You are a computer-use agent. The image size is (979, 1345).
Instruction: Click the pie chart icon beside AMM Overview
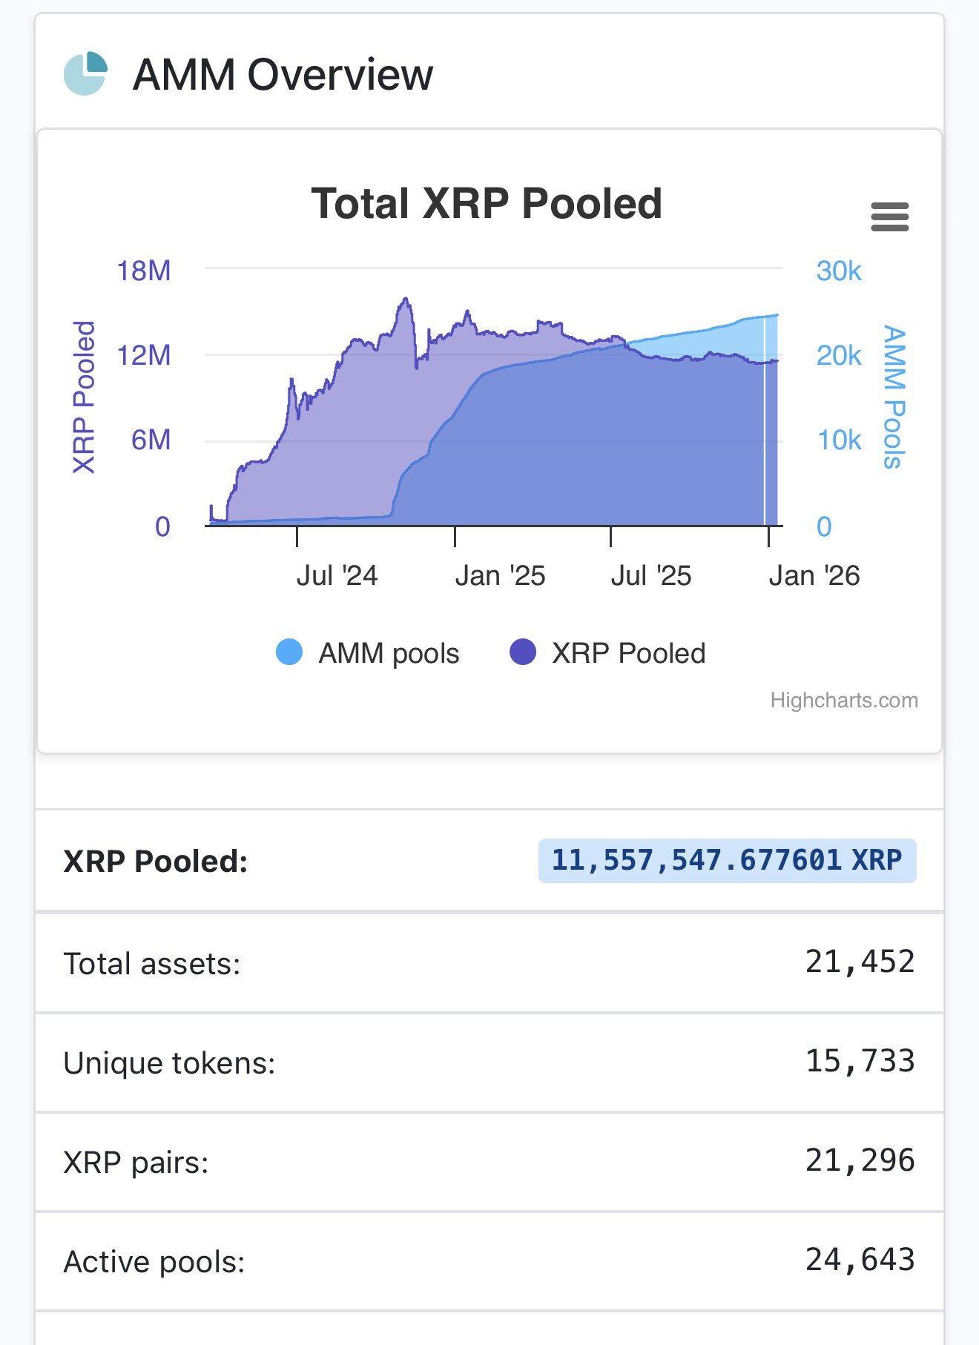click(x=85, y=73)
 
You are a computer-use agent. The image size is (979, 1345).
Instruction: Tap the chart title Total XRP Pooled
click(x=487, y=203)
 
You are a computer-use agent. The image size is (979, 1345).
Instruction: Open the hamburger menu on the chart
click(x=889, y=217)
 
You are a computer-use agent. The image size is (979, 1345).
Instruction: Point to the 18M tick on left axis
click(x=144, y=271)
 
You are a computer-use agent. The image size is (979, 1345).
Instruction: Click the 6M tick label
click(x=151, y=440)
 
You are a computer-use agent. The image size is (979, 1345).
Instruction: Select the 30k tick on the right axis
click(x=839, y=271)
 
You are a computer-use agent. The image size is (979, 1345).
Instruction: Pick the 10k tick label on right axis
click(x=839, y=440)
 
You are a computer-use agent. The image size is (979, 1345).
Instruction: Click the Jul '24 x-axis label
click(x=337, y=575)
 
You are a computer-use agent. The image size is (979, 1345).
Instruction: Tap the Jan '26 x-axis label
click(x=814, y=575)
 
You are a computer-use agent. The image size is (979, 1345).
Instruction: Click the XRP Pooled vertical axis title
click(x=84, y=397)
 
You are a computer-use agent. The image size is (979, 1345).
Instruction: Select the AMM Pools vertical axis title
click(x=894, y=397)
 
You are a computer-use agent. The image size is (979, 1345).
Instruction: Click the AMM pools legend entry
click(x=368, y=653)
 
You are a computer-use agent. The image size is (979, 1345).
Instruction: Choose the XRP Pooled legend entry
click(x=608, y=653)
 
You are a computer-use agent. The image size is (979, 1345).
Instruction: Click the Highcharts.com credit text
click(x=843, y=700)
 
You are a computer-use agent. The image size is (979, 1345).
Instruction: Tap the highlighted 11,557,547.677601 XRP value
click(x=727, y=860)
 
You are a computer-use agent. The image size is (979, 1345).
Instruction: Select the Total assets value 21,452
click(x=860, y=962)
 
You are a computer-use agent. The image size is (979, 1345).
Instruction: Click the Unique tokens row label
click(x=169, y=1063)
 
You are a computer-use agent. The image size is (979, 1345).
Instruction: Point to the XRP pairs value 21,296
click(x=860, y=1160)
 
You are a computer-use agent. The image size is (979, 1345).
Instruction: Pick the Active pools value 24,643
click(x=860, y=1260)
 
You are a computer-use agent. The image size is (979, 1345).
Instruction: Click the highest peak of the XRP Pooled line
click(x=406, y=299)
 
